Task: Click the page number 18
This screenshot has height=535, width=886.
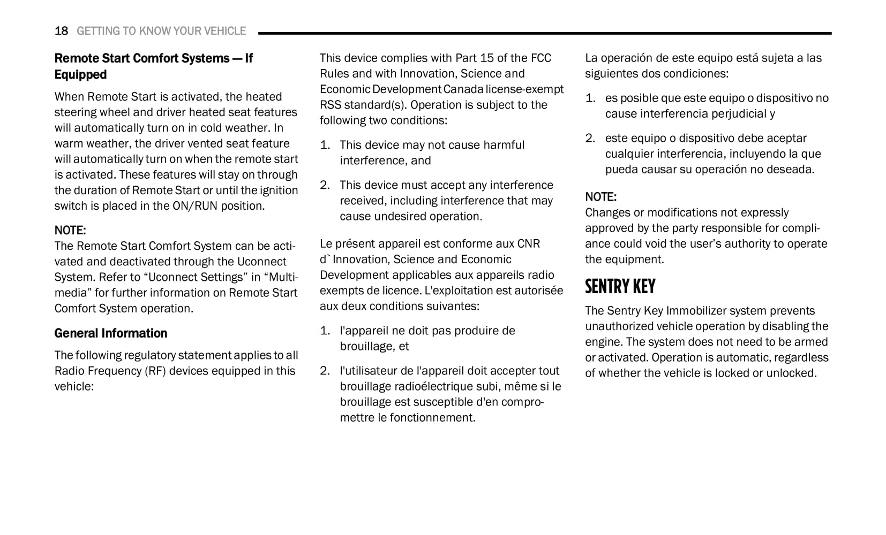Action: (x=61, y=31)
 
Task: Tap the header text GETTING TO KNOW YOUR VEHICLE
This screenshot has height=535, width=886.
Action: (x=161, y=31)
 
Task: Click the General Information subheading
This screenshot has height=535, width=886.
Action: (x=110, y=333)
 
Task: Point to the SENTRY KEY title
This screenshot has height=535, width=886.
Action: (x=620, y=287)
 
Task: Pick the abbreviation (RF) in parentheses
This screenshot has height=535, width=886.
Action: (x=154, y=371)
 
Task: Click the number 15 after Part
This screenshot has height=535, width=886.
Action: (x=487, y=58)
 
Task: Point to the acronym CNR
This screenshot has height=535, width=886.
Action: (x=528, y=243)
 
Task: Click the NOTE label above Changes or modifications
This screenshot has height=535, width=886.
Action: (x=600, y=197)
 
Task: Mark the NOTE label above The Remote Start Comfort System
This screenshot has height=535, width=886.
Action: (x=70, y=231)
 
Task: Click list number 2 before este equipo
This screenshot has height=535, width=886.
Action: (x=590, y=138)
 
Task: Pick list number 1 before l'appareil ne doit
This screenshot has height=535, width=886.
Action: (x=325, y=331)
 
